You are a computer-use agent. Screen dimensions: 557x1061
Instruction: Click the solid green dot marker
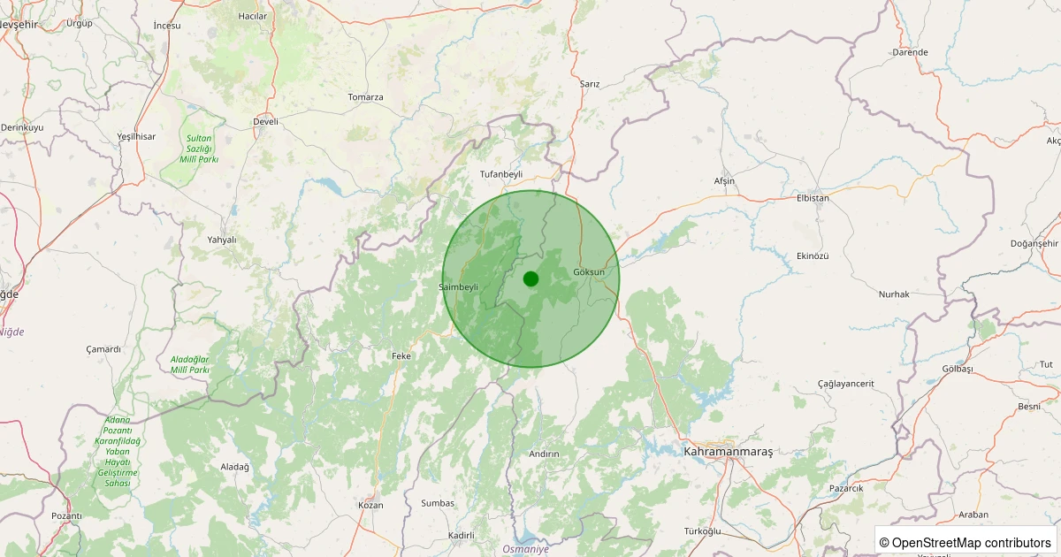coord(530,278)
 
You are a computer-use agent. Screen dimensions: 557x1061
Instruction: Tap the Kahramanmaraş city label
coord(728,452)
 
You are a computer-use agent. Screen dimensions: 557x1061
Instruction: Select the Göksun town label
coord(589,271)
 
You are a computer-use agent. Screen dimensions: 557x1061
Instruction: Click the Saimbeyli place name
coord(459,287)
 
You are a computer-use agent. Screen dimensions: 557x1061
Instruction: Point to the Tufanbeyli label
coord(501,174)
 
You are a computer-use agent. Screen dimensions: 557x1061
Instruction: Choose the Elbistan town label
coord(813,198)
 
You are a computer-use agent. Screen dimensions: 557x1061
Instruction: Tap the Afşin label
coord(724,181)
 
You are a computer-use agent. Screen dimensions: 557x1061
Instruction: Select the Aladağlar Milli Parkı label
coord(190,364)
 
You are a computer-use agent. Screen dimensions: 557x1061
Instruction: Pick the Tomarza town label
coord(365,97)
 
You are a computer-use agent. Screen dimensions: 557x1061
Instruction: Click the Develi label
coord(265,121)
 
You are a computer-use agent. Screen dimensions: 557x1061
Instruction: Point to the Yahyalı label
coord(221,240)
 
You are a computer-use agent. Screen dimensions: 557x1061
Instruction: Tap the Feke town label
coord(401,356)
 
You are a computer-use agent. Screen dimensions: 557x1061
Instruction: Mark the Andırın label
coord(544,454)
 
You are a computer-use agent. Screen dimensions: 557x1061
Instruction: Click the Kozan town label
coord(370,505)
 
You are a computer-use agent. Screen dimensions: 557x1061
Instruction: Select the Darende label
coord(910,52)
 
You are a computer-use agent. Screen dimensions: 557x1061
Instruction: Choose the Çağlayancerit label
coord(845,383)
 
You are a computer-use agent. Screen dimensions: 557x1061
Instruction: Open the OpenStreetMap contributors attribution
coord(966,542)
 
